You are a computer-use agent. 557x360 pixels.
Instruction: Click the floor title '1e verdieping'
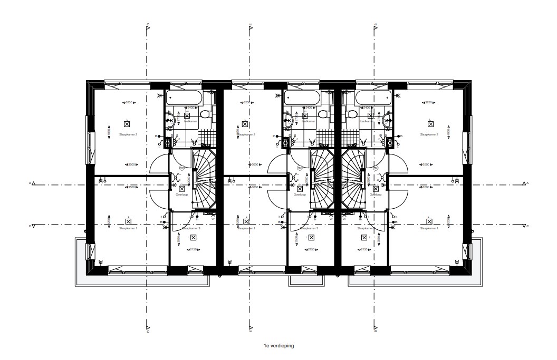point(279,346)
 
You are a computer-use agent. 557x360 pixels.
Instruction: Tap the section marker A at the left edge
point(33,184)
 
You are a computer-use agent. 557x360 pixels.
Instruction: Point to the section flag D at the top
point(148,26)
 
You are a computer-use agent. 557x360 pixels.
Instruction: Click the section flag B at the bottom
point(375,330)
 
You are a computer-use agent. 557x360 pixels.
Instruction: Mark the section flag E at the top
point(251,26)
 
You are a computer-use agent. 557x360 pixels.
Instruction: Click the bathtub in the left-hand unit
point(184,98)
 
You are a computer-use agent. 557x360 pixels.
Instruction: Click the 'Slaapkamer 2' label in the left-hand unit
point(128,135)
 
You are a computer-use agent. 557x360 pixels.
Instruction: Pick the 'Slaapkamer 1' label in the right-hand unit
point(429,229)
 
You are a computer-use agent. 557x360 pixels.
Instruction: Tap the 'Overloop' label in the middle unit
point(300,194)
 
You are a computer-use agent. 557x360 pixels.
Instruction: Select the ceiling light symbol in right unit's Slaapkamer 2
point(430,124)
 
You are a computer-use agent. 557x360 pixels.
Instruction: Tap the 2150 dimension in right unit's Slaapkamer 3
point(363,250)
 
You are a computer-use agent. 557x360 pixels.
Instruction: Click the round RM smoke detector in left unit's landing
point(181,168)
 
